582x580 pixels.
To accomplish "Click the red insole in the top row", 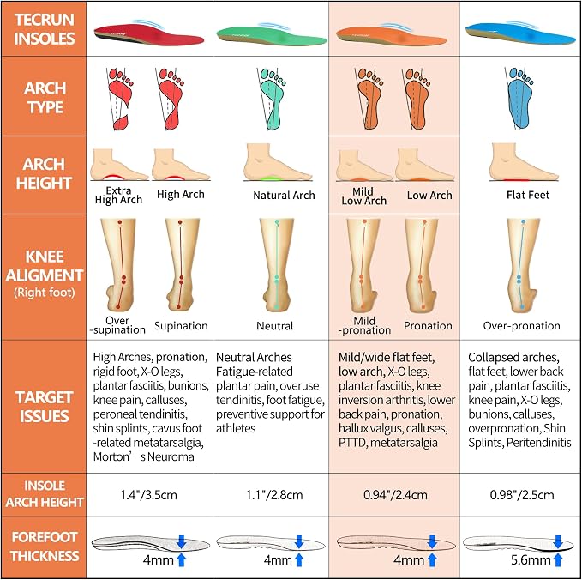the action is pyautogui.click(x=148, y=34).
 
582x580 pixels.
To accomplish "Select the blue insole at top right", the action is pyautogui.click(x=520, y=33).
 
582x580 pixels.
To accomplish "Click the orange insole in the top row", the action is pyautogui.click(x=391, y=36).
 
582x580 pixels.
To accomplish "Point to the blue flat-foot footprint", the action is pyautogui.click(x=519, y=98).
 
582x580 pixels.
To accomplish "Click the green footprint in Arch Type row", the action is pyautogui.click(x=272, y=99).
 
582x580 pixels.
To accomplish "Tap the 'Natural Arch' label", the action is pyautogui.click(x=284, y=195).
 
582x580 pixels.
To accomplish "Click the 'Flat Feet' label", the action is pyautogui.click(x=528, y=195).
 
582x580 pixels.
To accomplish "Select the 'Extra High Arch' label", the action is pyautogui.click(x=118, y=196).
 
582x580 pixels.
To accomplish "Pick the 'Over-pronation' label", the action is pyautogui.click(x=521, y=325).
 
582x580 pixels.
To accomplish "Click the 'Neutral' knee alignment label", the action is pyautogui.click(x=274, y=326).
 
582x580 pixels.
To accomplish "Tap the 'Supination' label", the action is pyautogui.click(x=181, y=326).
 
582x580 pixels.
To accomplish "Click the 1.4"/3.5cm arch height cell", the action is pyautogui.click(x=148, y=495).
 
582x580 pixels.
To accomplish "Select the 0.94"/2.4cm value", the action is pyautogui.click(x=395, y=495).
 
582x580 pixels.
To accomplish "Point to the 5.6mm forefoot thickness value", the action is pyautogui.click(x=531, y=560).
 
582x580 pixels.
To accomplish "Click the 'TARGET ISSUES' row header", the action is pyautogui.click(x=45, y=407).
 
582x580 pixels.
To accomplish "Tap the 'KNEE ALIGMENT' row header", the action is pyautogui.click(x=45, y=275).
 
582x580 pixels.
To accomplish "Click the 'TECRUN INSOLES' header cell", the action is pyautogui.click(x=45, y=29).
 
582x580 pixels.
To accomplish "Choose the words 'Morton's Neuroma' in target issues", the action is pyautogui.click(x=144, y=456).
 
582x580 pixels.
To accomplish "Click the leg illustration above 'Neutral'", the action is pyautogui.click(x=277, y=264).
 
